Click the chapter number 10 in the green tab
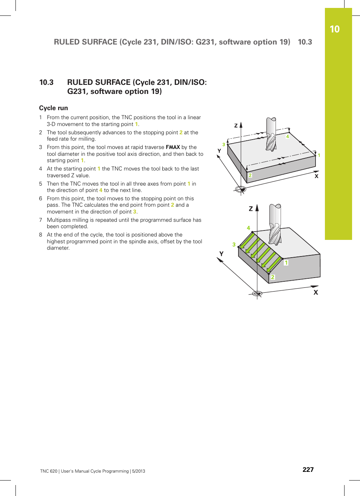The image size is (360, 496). coord(334,29)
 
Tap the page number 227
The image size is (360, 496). coord(308,470)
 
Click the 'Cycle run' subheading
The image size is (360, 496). coord(54,108)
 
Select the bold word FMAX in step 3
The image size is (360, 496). coord(173,147)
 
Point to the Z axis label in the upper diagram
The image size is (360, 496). coord(236,126)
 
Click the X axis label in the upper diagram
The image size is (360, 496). coord(316,176)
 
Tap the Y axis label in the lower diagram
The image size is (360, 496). coord(222,254)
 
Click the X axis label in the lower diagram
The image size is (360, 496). coord(315,292)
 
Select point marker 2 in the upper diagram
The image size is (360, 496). coord(250,175)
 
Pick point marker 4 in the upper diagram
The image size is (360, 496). coord(288,137)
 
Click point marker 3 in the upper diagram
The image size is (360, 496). coord(224,144)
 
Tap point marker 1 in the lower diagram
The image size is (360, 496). coord(286,263)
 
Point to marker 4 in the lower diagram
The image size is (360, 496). coord(248,228)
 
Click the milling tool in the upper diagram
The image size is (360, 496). coord(271,134)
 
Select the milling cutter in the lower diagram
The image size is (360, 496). coord(275,224)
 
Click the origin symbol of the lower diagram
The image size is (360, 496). coord(257,293)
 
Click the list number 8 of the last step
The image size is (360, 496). coord(41,235)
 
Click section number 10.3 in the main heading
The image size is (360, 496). coord(46,82)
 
